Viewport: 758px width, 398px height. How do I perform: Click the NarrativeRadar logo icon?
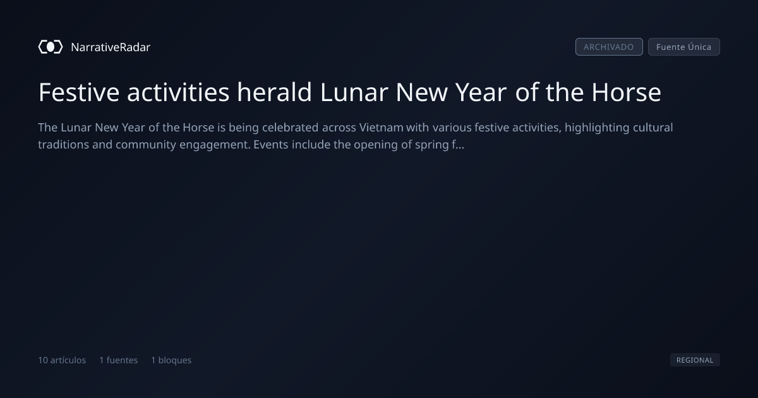[x=51, y=47]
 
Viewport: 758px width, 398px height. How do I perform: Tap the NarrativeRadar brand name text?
[x=111, y=47]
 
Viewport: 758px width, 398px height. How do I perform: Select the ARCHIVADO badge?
[x=609, y=47]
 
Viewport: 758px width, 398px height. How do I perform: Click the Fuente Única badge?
[x=684, y=47]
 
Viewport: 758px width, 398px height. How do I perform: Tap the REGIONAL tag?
[x=695, y=359]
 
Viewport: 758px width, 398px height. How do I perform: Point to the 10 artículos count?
[x=62, y=360]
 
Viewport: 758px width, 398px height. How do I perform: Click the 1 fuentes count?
[x=119, y=360]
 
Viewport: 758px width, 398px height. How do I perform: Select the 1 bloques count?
[x=171, y=360]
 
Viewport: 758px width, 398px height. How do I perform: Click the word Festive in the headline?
[x=79, y=92]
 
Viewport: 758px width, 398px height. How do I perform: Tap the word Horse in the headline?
[x=626, y=92]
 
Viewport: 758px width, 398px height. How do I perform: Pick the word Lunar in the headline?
[x=354, y=92]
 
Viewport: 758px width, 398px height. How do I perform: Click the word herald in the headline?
[x=274, y=92]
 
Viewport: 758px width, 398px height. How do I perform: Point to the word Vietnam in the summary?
[x=381, y=128]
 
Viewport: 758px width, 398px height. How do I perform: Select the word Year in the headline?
[x=481, y=92]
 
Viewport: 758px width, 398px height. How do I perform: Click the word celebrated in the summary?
[x=290, y=128]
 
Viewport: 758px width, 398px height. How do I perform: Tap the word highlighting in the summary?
[x=597, y=128]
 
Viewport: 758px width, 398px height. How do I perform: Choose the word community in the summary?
[x=146, y=145]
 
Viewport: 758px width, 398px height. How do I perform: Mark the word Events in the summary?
[x=271, y=145]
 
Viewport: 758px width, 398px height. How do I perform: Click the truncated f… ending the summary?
[x=458, y=145]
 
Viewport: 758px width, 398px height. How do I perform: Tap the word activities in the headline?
[x=178, y=92]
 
